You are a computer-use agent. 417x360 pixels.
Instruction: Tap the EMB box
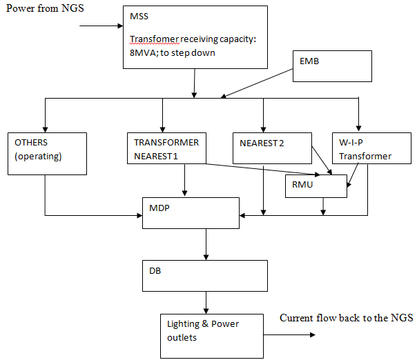pos(333,66)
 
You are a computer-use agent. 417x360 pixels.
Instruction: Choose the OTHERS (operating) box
pos(48,152)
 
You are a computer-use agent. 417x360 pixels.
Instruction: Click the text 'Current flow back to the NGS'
pos(346,318)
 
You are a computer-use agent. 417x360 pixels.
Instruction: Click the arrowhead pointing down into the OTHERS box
pos(46,128)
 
